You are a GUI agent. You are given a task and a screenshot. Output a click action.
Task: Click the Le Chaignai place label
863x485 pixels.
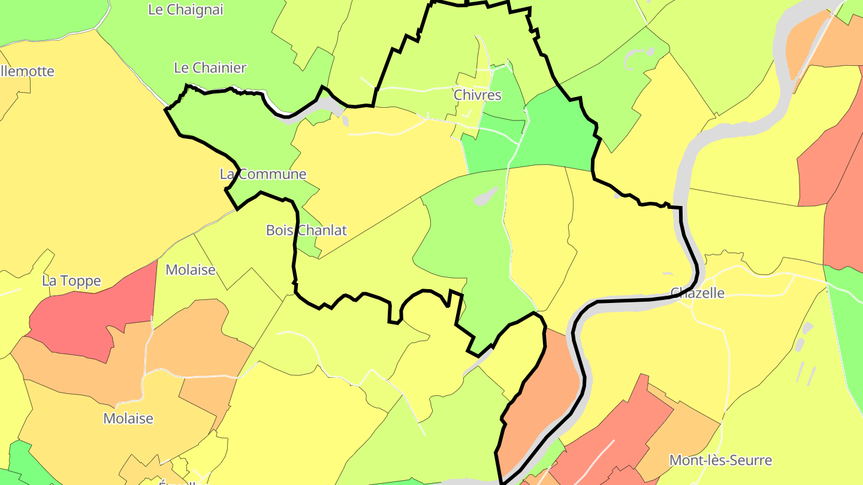[185, 10]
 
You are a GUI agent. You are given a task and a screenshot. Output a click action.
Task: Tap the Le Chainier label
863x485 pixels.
[210, 68]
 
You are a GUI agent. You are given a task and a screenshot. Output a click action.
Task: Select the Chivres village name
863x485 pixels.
[477, 95]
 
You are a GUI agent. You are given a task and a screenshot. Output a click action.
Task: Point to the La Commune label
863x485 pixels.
[263, 174]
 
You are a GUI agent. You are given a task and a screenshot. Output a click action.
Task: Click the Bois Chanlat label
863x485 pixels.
[306, 231]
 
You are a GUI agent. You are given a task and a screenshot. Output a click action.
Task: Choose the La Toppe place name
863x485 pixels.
[71, 281]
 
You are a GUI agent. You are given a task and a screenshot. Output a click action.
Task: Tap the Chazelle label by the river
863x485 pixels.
[697, 293]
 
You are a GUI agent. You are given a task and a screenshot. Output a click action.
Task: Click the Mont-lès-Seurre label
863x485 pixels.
[720, 460]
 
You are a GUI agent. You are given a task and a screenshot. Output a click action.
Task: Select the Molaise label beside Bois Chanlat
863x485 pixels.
[190, 269]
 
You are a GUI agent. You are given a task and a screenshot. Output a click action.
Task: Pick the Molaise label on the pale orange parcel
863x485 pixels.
[128, 418]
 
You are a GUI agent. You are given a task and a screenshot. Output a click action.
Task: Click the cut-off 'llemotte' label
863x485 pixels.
[28, 71]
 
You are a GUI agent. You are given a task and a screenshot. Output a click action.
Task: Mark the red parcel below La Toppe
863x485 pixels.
[90, 314]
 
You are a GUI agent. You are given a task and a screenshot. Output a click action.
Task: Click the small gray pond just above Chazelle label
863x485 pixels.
[668, 274]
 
